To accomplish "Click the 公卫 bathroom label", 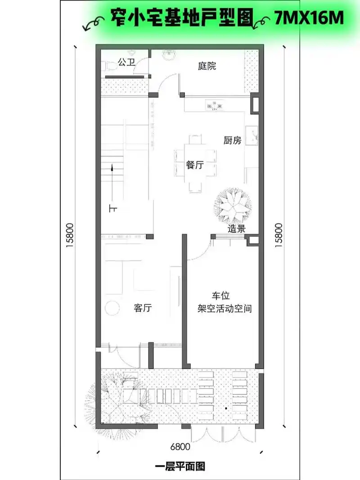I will coord(126,63).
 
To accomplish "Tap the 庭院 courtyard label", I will coord(207,66).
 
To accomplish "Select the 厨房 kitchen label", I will coord(232,140).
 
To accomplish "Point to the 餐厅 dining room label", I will coord(194,165).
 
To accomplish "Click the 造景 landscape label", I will coord(236,229).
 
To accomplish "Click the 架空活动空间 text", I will coord(224,309).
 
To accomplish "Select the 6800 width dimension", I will coord(180,447).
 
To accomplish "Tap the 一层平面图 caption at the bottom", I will coord(180,466).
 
